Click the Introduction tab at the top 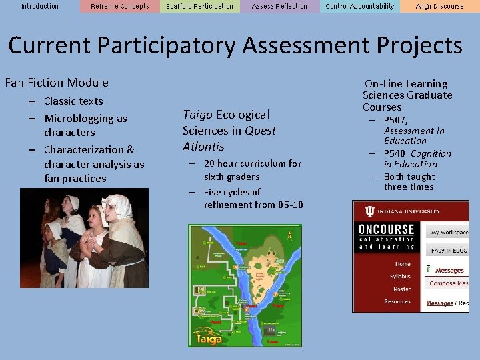(x=40, y=7)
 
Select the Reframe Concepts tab (x=120, y=7)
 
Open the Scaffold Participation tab (x=200, y=7)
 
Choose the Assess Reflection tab (x=280, y=7)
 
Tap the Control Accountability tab (x=360, y=7)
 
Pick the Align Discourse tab (x=440, y=7)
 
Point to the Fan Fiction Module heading (x=57, y=83)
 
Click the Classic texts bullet (x=73, y=101)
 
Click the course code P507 (x=396, y=121)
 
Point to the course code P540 (x=395, y=153)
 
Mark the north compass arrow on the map (x=289, y=235)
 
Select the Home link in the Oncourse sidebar (x=403, y=264)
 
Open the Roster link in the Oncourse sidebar (x=402, y=289)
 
